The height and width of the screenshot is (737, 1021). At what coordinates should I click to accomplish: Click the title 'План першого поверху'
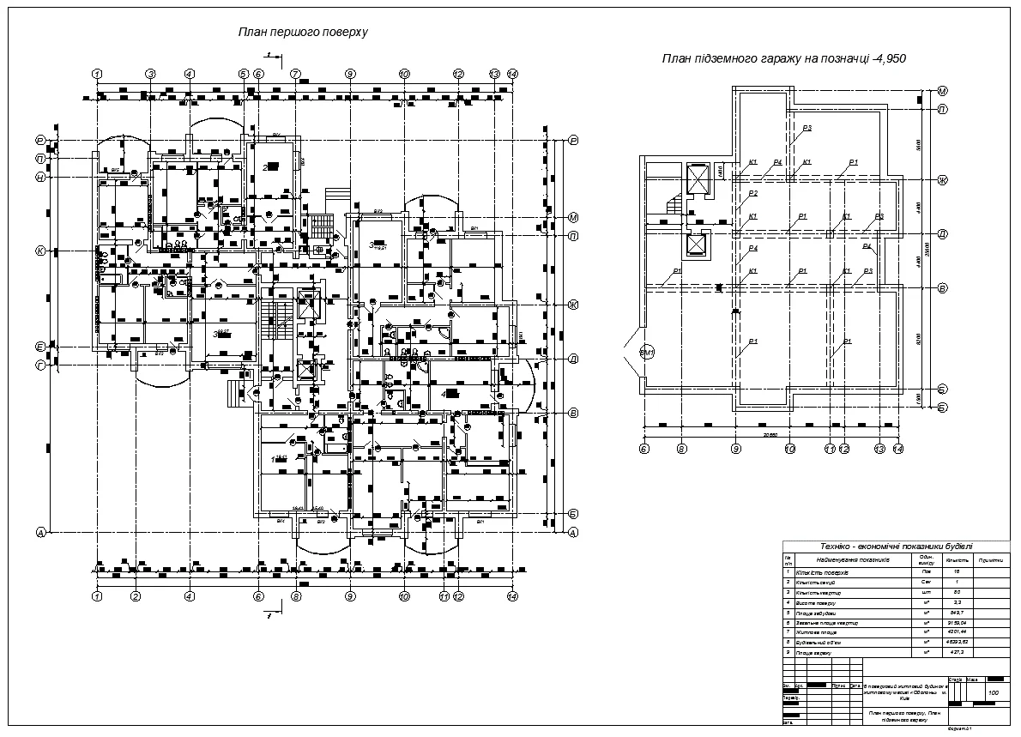[303, 33]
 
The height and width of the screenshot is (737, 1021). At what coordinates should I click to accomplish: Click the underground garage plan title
[784, 59]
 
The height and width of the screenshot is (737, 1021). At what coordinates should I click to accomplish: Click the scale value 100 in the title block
[994, 693]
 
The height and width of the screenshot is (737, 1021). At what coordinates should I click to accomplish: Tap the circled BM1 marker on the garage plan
[648, 353]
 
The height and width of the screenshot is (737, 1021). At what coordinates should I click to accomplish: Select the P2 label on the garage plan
[752, 194]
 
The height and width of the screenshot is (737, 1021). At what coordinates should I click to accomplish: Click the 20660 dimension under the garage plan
[770, 435]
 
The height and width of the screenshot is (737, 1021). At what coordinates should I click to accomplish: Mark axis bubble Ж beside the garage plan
[941, 180]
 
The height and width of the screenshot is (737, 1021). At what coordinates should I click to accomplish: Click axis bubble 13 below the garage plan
[879, 448]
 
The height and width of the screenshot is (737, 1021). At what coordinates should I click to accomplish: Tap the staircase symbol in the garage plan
[674, 207]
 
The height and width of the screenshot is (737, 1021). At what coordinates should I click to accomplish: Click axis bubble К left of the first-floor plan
[40, 251]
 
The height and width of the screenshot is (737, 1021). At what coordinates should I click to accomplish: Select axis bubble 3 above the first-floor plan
[150, 74]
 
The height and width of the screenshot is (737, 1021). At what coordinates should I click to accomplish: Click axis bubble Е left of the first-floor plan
[40, 347]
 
